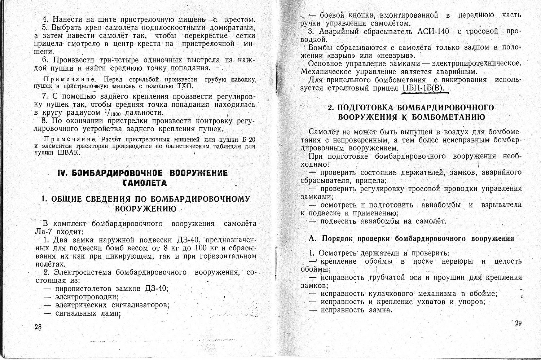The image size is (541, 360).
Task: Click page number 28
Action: (38, 327)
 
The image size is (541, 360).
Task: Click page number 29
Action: (518, 323)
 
